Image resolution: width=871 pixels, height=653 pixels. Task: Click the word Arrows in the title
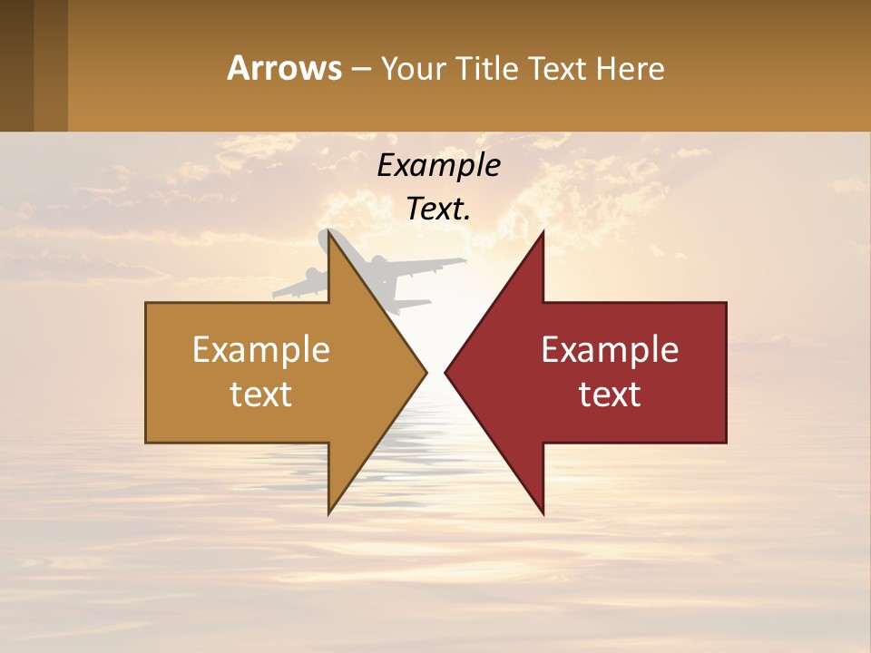point(284,69)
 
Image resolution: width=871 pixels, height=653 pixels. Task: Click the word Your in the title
point(413,69)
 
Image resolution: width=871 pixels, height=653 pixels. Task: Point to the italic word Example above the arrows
point(439,166)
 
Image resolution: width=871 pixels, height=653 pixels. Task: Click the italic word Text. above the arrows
point(439,210)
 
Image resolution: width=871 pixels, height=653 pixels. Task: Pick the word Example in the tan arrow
point(261,350)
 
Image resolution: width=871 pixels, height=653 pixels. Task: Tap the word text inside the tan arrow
point(261,395)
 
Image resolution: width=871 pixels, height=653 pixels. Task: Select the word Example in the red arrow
point(610,350)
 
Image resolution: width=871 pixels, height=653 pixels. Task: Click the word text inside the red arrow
point(610,395)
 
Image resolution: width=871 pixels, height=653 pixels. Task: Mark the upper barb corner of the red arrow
point(543,232)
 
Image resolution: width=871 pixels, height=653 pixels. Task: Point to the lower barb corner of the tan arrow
point(328,513)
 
